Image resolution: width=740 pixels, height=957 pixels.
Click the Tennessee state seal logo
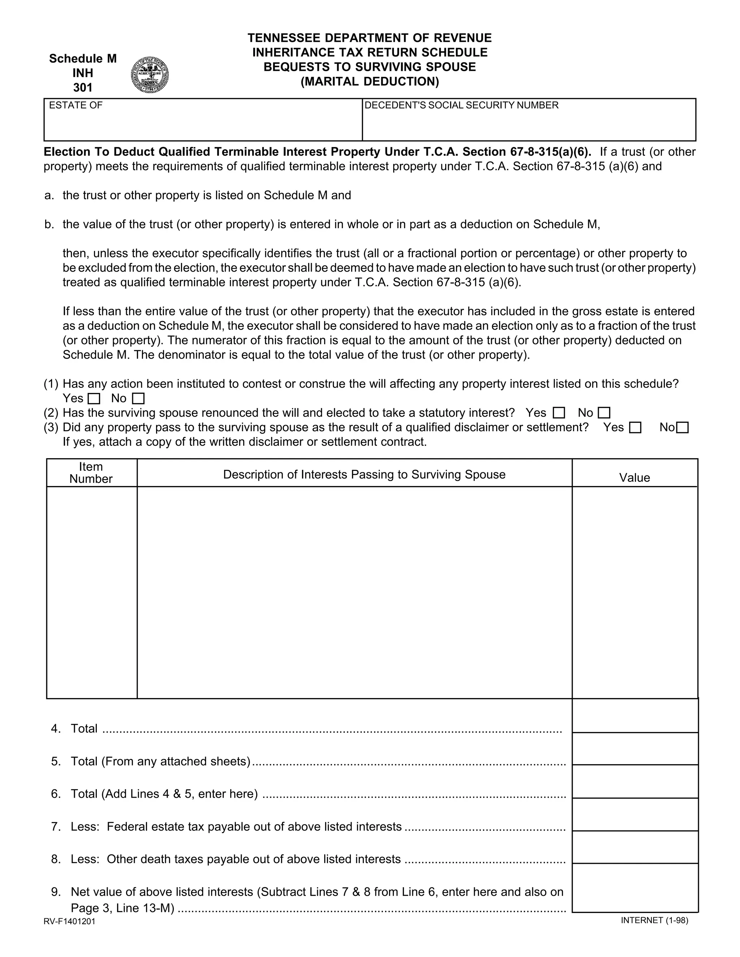coord(150,75)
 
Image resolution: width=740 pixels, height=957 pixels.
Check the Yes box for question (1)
coord(94,399)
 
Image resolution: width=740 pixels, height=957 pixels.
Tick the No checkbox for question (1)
coord(138,399)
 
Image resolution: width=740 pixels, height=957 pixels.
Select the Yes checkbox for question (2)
coord(559,413)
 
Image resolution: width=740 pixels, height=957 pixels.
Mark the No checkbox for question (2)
coord(604,413)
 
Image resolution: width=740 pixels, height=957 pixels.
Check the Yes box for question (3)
coord(635,428)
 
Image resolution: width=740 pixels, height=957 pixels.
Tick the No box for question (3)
coord(683,428)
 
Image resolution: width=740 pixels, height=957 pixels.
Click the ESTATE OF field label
coord(76,105)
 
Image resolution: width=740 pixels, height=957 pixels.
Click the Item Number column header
coord(91,473)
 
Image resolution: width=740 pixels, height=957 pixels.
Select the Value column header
coord(634,478)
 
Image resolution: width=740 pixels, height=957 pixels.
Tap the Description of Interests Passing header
coord(364,475)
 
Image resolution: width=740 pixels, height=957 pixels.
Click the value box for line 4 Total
coord(635,716)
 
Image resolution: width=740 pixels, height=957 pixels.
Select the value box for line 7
coord(635,815)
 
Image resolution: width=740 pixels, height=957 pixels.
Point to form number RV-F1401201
coord(69,922)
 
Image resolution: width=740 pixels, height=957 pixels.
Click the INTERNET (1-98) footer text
coord(654,920)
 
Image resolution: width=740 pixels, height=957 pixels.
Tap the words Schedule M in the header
coord(83,59)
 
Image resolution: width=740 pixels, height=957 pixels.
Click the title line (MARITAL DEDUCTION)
coord(370,82)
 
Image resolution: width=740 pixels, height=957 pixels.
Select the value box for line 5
coord(635,749)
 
